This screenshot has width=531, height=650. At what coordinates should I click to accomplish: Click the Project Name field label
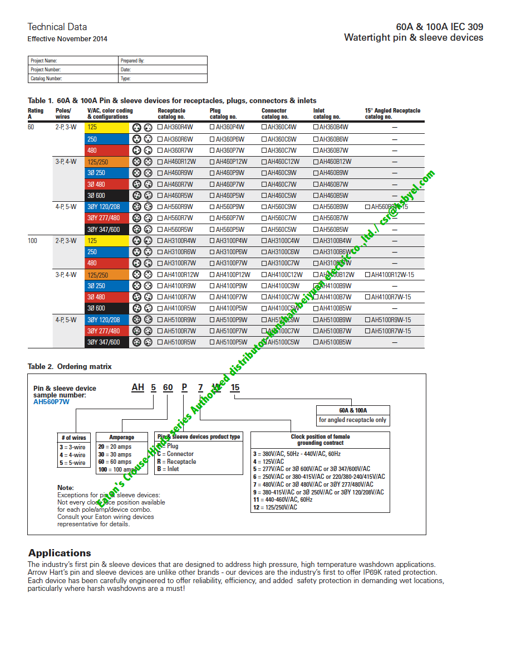pos(43,61)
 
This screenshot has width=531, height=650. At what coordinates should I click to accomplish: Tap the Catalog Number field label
pos(46,79)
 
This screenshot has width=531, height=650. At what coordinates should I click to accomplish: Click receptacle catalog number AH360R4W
pos(178,128)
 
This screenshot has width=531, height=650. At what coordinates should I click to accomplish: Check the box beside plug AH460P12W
pos(213,162)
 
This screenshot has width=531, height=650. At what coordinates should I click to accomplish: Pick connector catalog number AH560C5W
pos(282,229)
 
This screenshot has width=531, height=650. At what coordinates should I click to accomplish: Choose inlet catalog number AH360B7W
pos(333,151)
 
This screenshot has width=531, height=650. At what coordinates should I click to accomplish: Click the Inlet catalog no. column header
pos(327,114)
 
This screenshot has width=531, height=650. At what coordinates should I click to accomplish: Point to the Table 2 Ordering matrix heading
pos(70,366)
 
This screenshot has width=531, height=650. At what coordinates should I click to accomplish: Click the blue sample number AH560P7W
pos(52,401)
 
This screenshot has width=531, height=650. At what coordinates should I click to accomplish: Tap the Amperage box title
pos(121,437)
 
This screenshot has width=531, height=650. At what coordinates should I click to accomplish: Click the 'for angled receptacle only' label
pos(352,420)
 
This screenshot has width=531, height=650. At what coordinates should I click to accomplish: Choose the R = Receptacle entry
pos(176,462)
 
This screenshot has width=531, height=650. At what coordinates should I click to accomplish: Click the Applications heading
pos(60,553)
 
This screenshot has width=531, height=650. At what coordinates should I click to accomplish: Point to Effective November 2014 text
pos(67,39)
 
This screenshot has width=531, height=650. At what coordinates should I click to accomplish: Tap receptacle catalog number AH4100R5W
pos(178,308)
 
